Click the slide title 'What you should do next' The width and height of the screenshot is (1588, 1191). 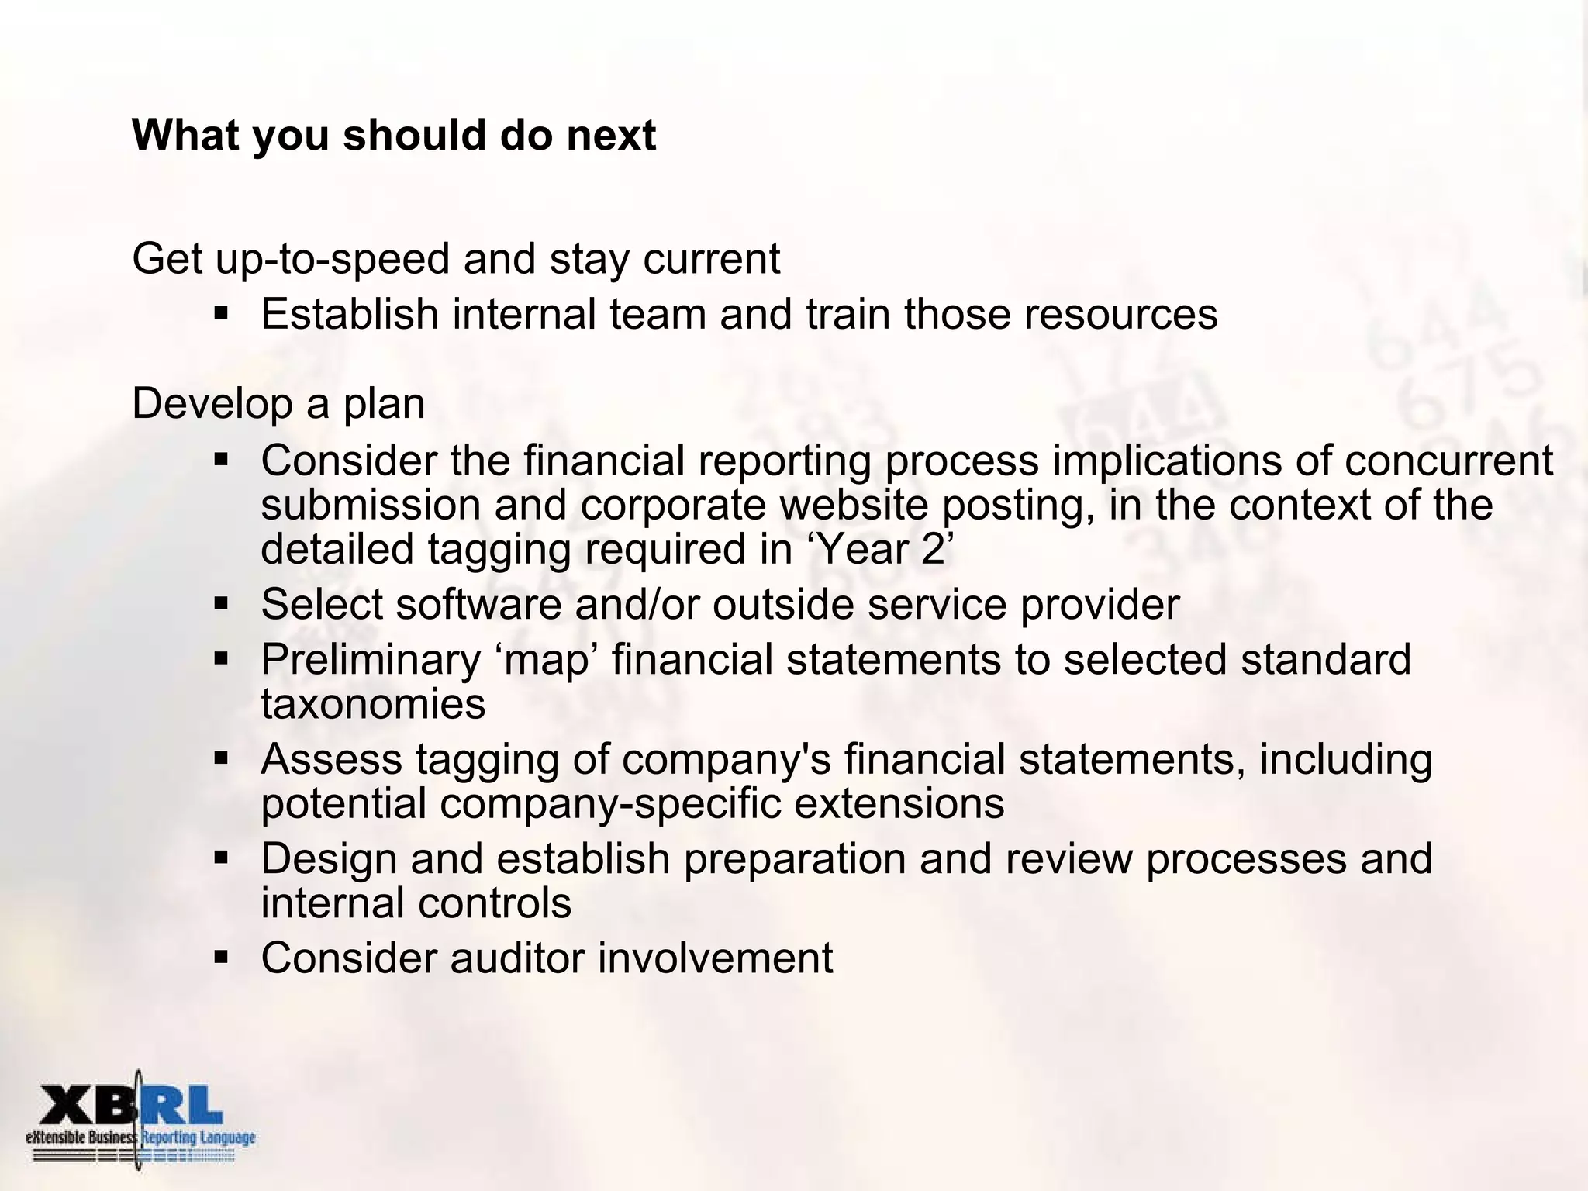pyautogui.click(x=394, y=136)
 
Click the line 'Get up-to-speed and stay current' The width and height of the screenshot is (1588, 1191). pyautogui.click(x=456, y=259)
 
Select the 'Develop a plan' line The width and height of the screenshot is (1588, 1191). pyautogui.click(x=278, y=404)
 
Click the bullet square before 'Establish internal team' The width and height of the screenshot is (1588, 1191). pyautogui.click(x=222, y=315)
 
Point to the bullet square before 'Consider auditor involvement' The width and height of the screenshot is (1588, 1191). pyautogui.click(x=222, y=958)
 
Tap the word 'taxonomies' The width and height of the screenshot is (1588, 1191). pyautogui.click(x=373, y=704)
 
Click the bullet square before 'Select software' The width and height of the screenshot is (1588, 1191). pyautogui.click(x=222, y=603)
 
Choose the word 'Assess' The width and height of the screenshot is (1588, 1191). pyautogui.click(x=331, y=759)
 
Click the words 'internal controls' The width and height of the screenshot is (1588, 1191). pyautogui.click(x=416, y=903)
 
